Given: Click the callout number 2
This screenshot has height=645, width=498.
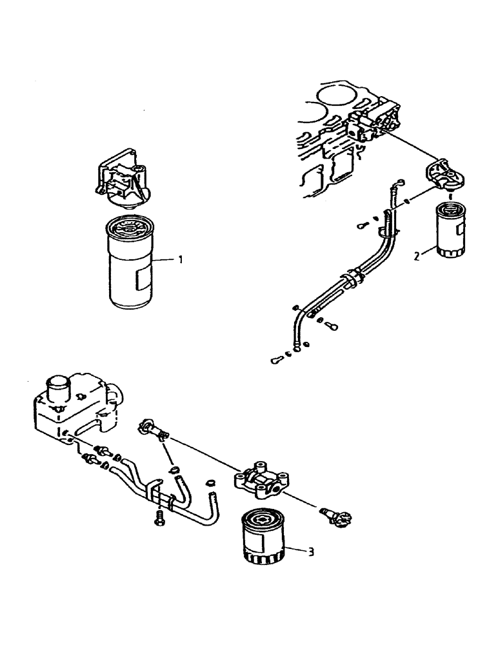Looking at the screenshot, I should (x=417, y=256).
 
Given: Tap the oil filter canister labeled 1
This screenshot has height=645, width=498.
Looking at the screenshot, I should (x=132, y=264).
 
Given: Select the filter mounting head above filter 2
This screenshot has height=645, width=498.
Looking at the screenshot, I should (x=444, y=176).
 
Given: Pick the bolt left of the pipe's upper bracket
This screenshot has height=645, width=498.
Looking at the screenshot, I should (x=364, y=226).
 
